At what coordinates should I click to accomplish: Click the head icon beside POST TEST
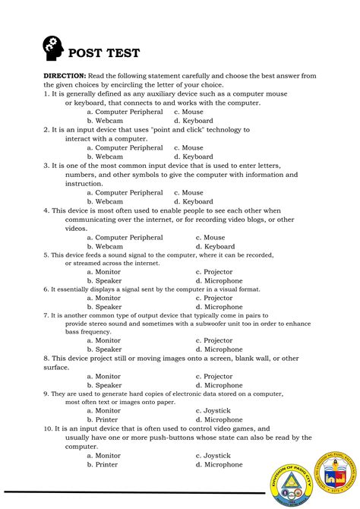click(54, 49)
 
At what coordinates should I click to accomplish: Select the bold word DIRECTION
click(65, 76)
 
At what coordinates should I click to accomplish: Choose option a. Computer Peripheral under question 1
click(125, 112)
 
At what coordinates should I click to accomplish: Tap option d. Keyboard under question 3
click(193, 201)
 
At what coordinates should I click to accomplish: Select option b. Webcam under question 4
click(105, 246)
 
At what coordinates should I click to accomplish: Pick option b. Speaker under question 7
click(104, 349)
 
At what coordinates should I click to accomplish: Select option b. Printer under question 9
click(102, 419)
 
